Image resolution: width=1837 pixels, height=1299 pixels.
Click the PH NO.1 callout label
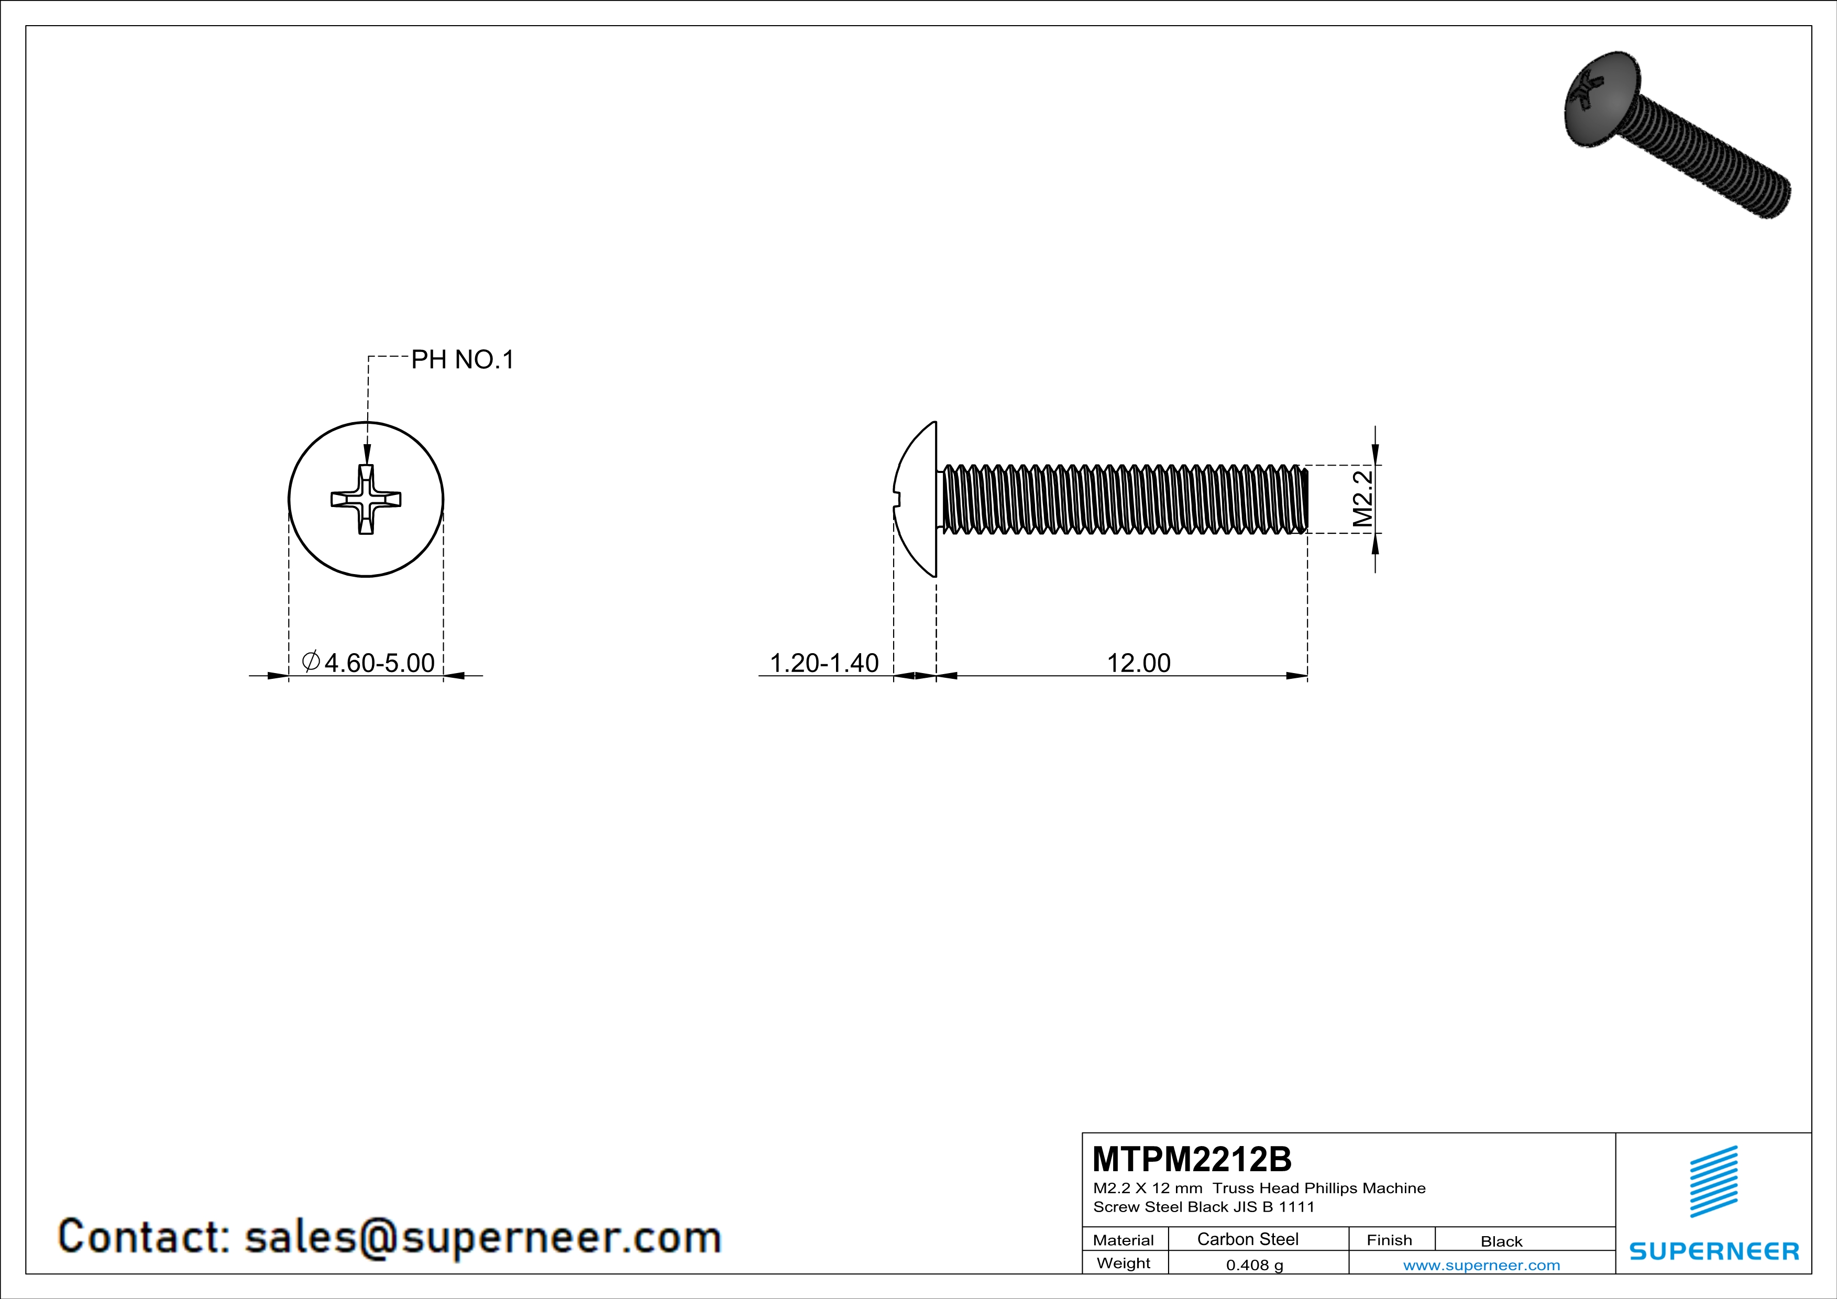pos(463,360)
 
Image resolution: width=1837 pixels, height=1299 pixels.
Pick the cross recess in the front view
pos(366,499)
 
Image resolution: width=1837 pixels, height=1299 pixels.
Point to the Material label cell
pos(1124,1240)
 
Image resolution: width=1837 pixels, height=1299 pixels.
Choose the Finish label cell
pos(1389,1240)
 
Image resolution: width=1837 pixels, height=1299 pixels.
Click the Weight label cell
pos(1124,1263)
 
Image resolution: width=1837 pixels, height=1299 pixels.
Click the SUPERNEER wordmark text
pos(1714,1251)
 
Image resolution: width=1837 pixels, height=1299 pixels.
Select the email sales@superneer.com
pos(482,1237)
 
